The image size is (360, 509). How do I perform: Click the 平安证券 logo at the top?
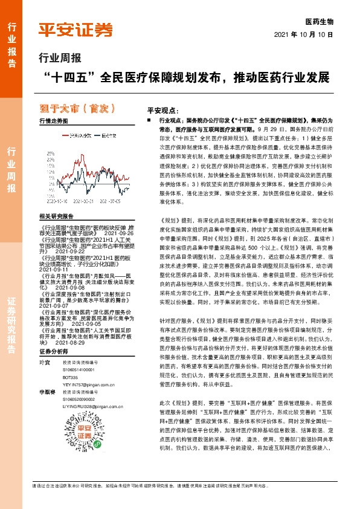(76, 30)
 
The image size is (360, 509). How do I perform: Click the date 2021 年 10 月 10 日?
(308, 34)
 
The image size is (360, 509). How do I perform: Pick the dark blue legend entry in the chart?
(104, 135)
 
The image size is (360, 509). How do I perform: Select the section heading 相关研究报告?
(56, 216)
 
